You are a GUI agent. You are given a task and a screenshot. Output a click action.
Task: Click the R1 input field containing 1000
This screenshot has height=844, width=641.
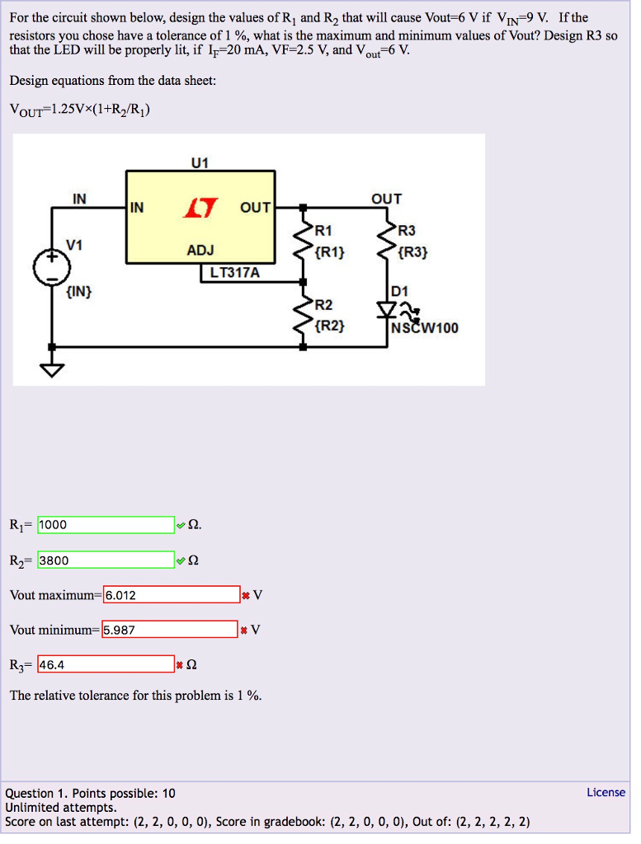click(x=106, y=525)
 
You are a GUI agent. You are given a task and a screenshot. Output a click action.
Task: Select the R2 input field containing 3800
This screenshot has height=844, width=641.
click(x=106, y=560)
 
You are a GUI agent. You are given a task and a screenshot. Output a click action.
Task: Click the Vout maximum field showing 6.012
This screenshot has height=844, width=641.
click(x=172, y=595)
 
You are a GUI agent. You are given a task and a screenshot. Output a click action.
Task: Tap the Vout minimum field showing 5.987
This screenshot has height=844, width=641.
click(x=170, y=631)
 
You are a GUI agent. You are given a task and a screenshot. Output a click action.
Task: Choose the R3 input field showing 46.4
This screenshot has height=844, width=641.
click(x=106, y=664)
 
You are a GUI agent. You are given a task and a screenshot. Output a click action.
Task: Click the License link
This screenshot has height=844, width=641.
click(x=606, y=792)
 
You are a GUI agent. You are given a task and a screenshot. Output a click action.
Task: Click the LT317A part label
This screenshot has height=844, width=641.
click(x=235, y=272)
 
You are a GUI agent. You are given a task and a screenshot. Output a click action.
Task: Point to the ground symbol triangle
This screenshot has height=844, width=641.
click(x=52, y=370)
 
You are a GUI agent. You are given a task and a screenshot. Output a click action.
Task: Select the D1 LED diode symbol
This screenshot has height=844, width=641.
click(x=387, y=311)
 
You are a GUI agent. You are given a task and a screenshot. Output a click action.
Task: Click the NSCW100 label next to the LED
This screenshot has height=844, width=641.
click(x=426, y=328)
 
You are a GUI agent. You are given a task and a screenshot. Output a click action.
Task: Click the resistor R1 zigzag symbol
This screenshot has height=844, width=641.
click(x=304, y=241)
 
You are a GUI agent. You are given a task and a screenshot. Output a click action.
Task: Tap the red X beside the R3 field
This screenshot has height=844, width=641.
click(x=180, y=665)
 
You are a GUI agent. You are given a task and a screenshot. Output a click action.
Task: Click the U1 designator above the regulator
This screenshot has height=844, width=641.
click(x=200, y=162)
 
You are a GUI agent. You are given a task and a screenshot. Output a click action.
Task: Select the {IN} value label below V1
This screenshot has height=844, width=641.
click(x=79, y=291)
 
